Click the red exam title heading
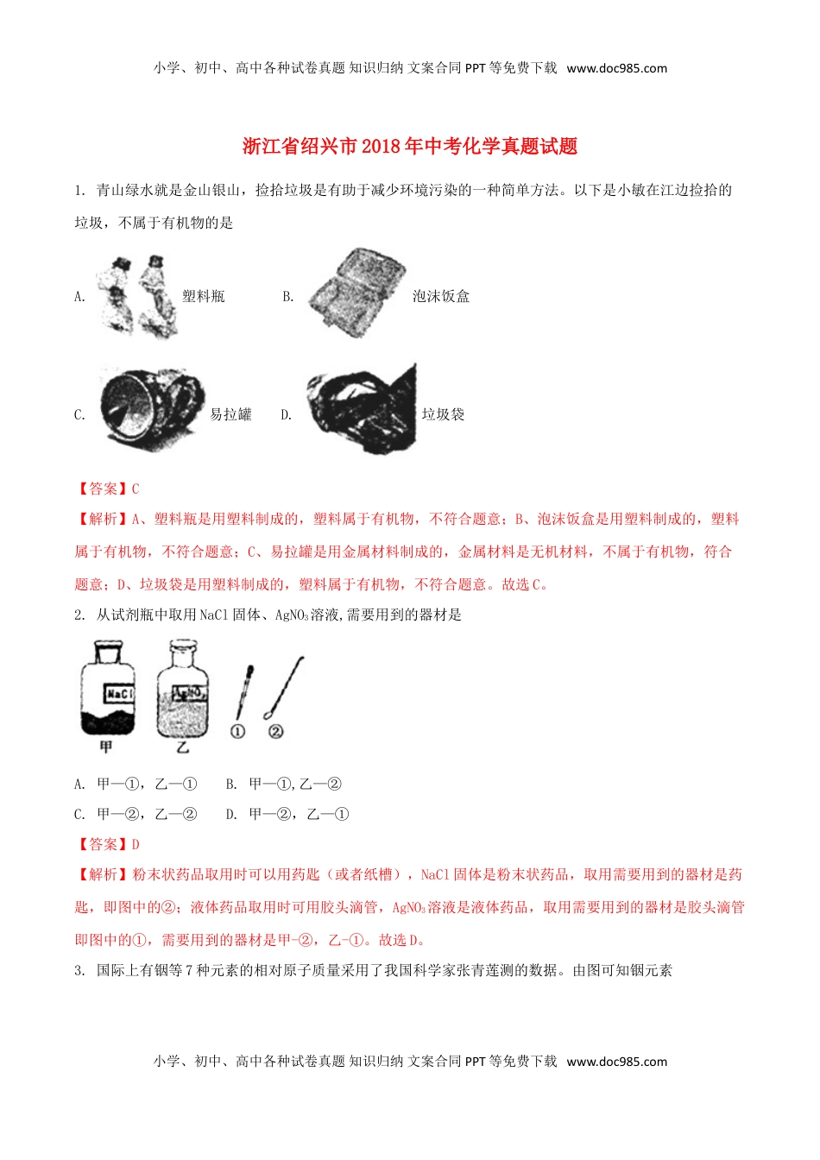(x=410, y=146)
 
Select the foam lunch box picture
(x=356, y=293)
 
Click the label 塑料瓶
(x=204, y=296)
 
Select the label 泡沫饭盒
(x=441, y=296)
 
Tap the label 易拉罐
(x=230, y=414)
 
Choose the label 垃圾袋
(x=443, y=414)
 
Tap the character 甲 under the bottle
(x=106, y=747)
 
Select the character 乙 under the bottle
(x=182, y=747)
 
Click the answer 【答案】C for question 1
(x=107, y=489)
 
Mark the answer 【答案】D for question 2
(x=107, y=844)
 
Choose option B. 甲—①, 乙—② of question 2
(x=283, y=784)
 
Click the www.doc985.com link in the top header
(x=616, y=68)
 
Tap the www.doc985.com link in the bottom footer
(x=616, y=1062)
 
